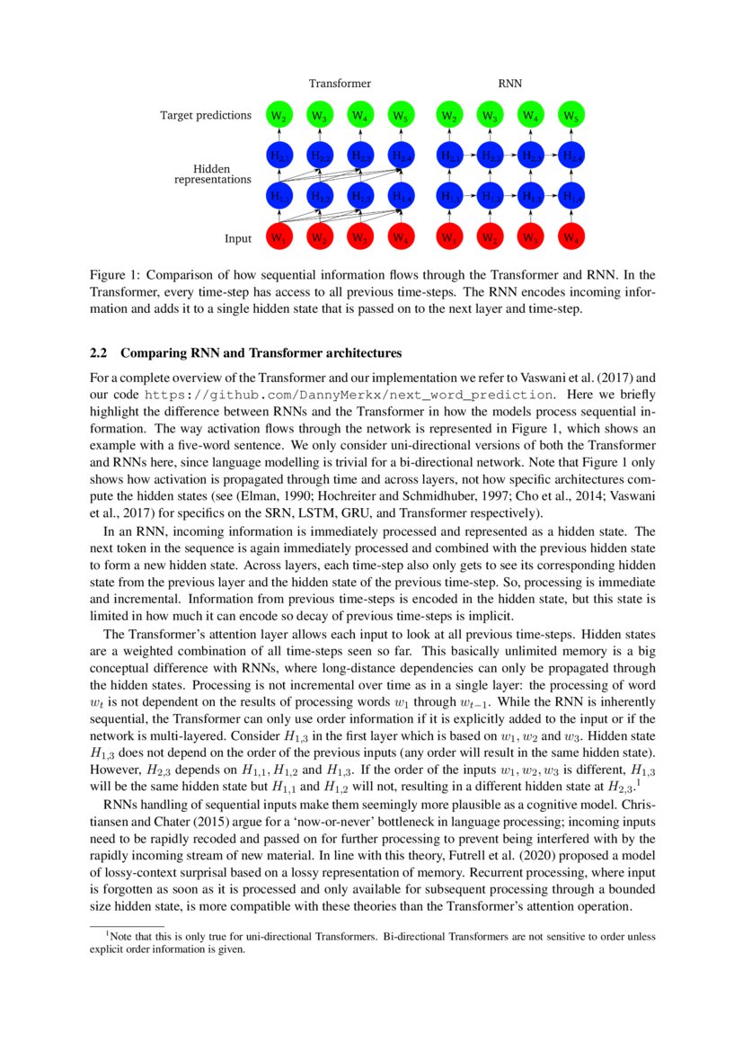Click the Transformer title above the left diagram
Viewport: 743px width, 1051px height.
click(x=340, y=83)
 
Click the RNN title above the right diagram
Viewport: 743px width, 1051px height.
click(x=509, y=83)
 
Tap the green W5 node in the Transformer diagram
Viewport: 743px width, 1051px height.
click(x=402, y=116)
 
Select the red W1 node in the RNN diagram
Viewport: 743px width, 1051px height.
click(x=447, y=238)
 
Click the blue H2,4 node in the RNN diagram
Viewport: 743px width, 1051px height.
click(x=571, y=156)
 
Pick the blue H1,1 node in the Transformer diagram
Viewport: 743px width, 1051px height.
click(x=279, y=196)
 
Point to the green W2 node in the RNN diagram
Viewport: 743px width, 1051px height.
click(x=447, y=116)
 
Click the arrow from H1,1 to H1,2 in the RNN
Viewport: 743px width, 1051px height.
click(x=468, y=196)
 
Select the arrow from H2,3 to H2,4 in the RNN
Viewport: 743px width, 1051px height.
click(x=550, y=156)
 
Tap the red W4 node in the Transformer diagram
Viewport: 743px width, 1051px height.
click(x=402, y=238)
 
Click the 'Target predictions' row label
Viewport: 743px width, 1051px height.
click(x=206, y=115)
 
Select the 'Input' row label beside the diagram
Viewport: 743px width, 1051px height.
click(x=238, y=238)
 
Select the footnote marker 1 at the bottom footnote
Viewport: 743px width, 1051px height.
click(x=107, y=933)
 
